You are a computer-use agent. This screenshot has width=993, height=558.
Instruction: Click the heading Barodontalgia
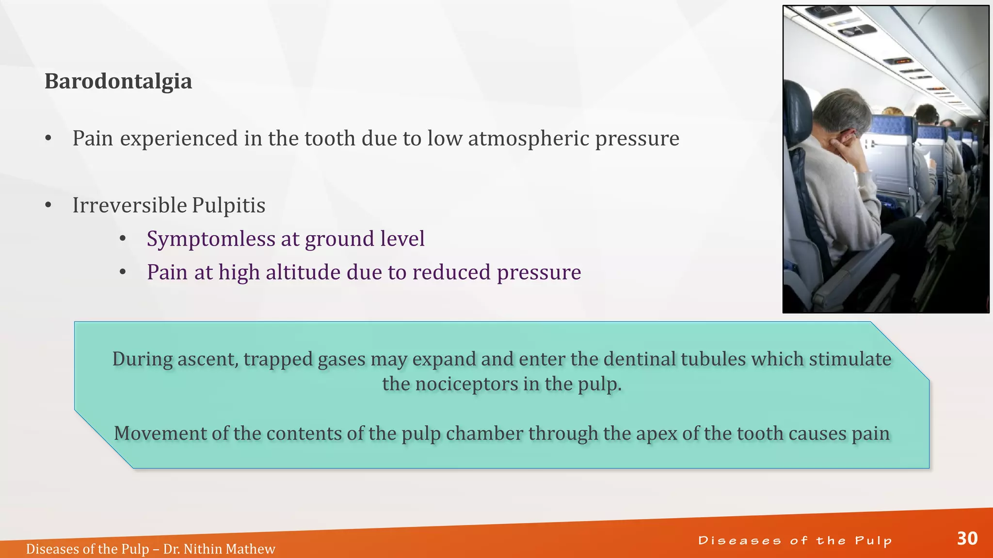(x=118, y=81)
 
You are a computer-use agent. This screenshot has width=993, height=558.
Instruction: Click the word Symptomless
(x=211, y=239)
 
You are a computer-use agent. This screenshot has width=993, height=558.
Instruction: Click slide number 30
(x=967, y=539)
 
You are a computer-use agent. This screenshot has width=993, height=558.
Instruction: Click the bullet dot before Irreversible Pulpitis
(x=48, y=206)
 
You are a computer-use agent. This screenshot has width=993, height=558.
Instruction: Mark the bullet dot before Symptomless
(x=123, y=239)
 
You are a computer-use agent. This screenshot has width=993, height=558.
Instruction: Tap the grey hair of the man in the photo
(x=840, y=109)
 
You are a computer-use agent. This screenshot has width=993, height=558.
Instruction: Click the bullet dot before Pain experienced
(x=48, y=139)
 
